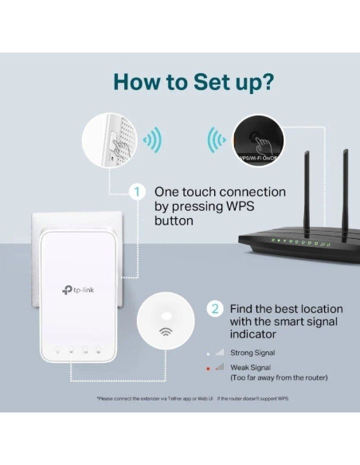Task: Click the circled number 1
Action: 138,192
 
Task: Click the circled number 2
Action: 214,308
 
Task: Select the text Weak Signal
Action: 251,366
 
